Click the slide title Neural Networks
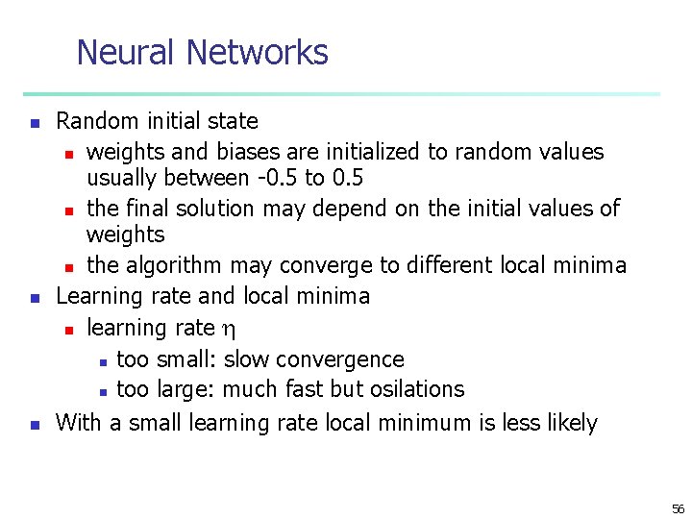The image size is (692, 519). click(x=202, y=52)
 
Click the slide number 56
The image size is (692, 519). click(x=678, y=508)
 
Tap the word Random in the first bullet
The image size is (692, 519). click(x=95, y=121)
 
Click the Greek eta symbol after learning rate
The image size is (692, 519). click(x=228, y=330)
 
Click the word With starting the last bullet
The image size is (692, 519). click(x=79, y=422)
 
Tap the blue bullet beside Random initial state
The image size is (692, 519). click(x=34, y=123)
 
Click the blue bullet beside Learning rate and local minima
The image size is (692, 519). click(x=34, y=298)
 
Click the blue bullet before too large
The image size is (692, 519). click(x=101, y=391)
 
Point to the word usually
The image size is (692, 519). click(x=123, y=178)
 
